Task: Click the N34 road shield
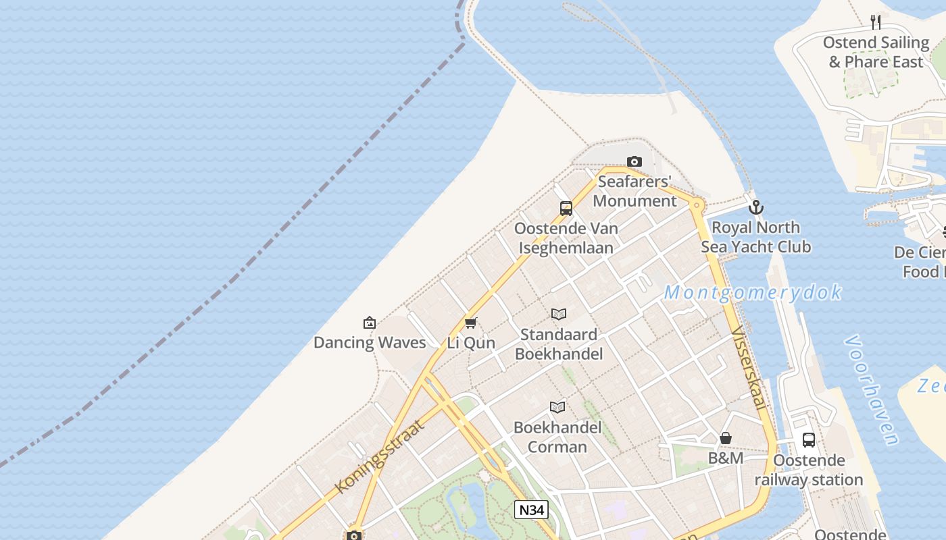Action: [530, 510]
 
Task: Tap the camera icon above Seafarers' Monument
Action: [634, 161]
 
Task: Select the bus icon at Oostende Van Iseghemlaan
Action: [566, 209]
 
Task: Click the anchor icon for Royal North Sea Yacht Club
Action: [756, 207]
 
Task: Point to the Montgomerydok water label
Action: [753, 292]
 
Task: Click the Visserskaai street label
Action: [749, 369]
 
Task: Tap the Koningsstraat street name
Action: [380, 456]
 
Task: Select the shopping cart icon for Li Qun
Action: [471, 323]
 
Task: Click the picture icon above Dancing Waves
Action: [370, 323]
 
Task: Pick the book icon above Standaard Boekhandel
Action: [558, 314]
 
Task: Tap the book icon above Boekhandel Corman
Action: [557, 407]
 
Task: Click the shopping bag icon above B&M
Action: [726, 438]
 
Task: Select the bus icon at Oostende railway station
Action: [809, 440]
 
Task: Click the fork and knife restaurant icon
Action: [876, 22]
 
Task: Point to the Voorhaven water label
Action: [872, 390]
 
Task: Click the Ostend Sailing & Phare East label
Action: [876, 52]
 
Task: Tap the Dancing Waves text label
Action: [370, 342]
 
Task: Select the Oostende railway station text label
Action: [809, 470]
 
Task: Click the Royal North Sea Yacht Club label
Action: [755, 237]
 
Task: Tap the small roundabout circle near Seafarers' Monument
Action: [697, 204]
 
